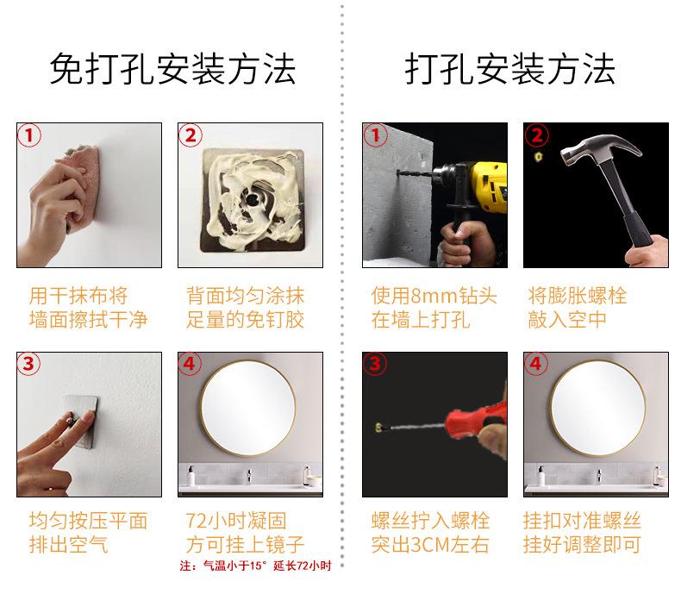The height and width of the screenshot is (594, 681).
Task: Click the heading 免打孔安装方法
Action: (x=172, y=69)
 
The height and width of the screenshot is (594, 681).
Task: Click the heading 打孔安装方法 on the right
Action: (x=509, y=69)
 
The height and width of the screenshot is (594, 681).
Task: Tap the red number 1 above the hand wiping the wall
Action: (x=29, y=135)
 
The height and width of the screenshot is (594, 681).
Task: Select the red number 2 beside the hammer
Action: (x=537, y=135)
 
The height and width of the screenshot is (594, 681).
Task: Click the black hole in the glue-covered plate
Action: (x=252, y=200)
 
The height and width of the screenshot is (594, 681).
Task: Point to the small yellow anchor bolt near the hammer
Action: (x=539, y=157)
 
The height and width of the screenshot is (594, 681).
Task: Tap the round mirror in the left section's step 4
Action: (x=248, y=408)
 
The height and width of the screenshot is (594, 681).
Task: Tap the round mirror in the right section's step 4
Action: (x=598, y=408)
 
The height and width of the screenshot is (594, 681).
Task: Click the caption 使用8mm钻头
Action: (x=434, y=296)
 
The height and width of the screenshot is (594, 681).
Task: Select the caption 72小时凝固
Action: (x=236, y=521)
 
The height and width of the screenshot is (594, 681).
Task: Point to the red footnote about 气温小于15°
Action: (x=256, y=566)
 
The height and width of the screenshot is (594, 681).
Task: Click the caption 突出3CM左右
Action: (x=430, y=545)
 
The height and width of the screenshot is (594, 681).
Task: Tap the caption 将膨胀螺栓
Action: (x=578, y=296)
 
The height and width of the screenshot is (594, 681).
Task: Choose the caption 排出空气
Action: (x=68, y=545)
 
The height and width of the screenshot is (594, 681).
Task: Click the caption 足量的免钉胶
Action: (x=245, y=320)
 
